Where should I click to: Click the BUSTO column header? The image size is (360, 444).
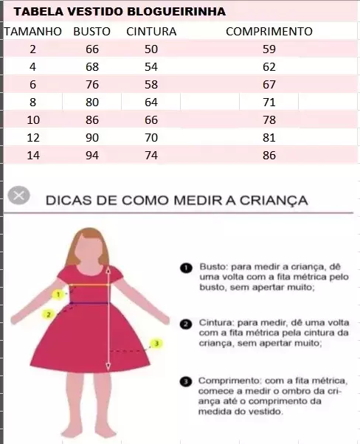pyautogui.click(x=91, y=32)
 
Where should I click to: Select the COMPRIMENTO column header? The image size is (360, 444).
pyautogui.click(x=269, y=32)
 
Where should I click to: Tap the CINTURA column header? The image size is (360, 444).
pyautogui.click(x=151, y=32)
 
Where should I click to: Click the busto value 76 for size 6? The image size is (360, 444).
pyautogui.click(x=92, y=84)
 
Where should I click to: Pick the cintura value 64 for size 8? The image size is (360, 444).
pyautogui.click(x=151, y=103)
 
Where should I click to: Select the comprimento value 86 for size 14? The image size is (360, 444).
pyautogui.click(x=269, y=155)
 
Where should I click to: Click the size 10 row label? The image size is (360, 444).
pyautogui.click(x=33, y=119)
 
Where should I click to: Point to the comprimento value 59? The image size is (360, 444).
pyautogui.click(x=269, y=49)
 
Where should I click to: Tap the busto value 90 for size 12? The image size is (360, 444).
pyautogui.click(x=92, y=138)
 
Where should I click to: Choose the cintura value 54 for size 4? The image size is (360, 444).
pyautogui.click(x=151, y=67)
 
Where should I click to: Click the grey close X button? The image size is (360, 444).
pyautogui.click(x=18, y=195)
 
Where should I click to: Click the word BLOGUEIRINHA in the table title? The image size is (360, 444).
pyautogui.click(x=176, y=12)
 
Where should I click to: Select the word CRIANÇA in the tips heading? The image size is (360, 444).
pyautogui.click(x=274, y=200)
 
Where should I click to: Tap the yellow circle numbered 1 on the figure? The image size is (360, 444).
pyautogui.click(x=58, y=295)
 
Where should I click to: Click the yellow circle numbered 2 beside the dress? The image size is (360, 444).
pyautogui.click(x=49, y=314)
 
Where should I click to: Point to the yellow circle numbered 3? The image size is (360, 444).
pyautogui.click(x=156, y=344)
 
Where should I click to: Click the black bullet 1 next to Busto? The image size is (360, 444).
pyautogui.click(x=186, y=268)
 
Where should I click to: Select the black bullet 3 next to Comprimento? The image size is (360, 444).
pyautogui.click(x=186, y=381)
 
